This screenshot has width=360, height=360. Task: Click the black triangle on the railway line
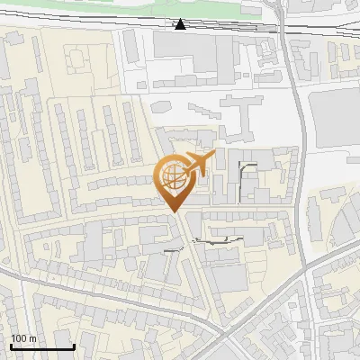(x=181, y=23)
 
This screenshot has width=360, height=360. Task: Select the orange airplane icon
(x=197, y=164)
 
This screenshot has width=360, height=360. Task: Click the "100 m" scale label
(x=23, y=338)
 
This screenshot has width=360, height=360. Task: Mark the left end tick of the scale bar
(x=11, y=346)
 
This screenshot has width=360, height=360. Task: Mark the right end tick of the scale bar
(x=74, y=346)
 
